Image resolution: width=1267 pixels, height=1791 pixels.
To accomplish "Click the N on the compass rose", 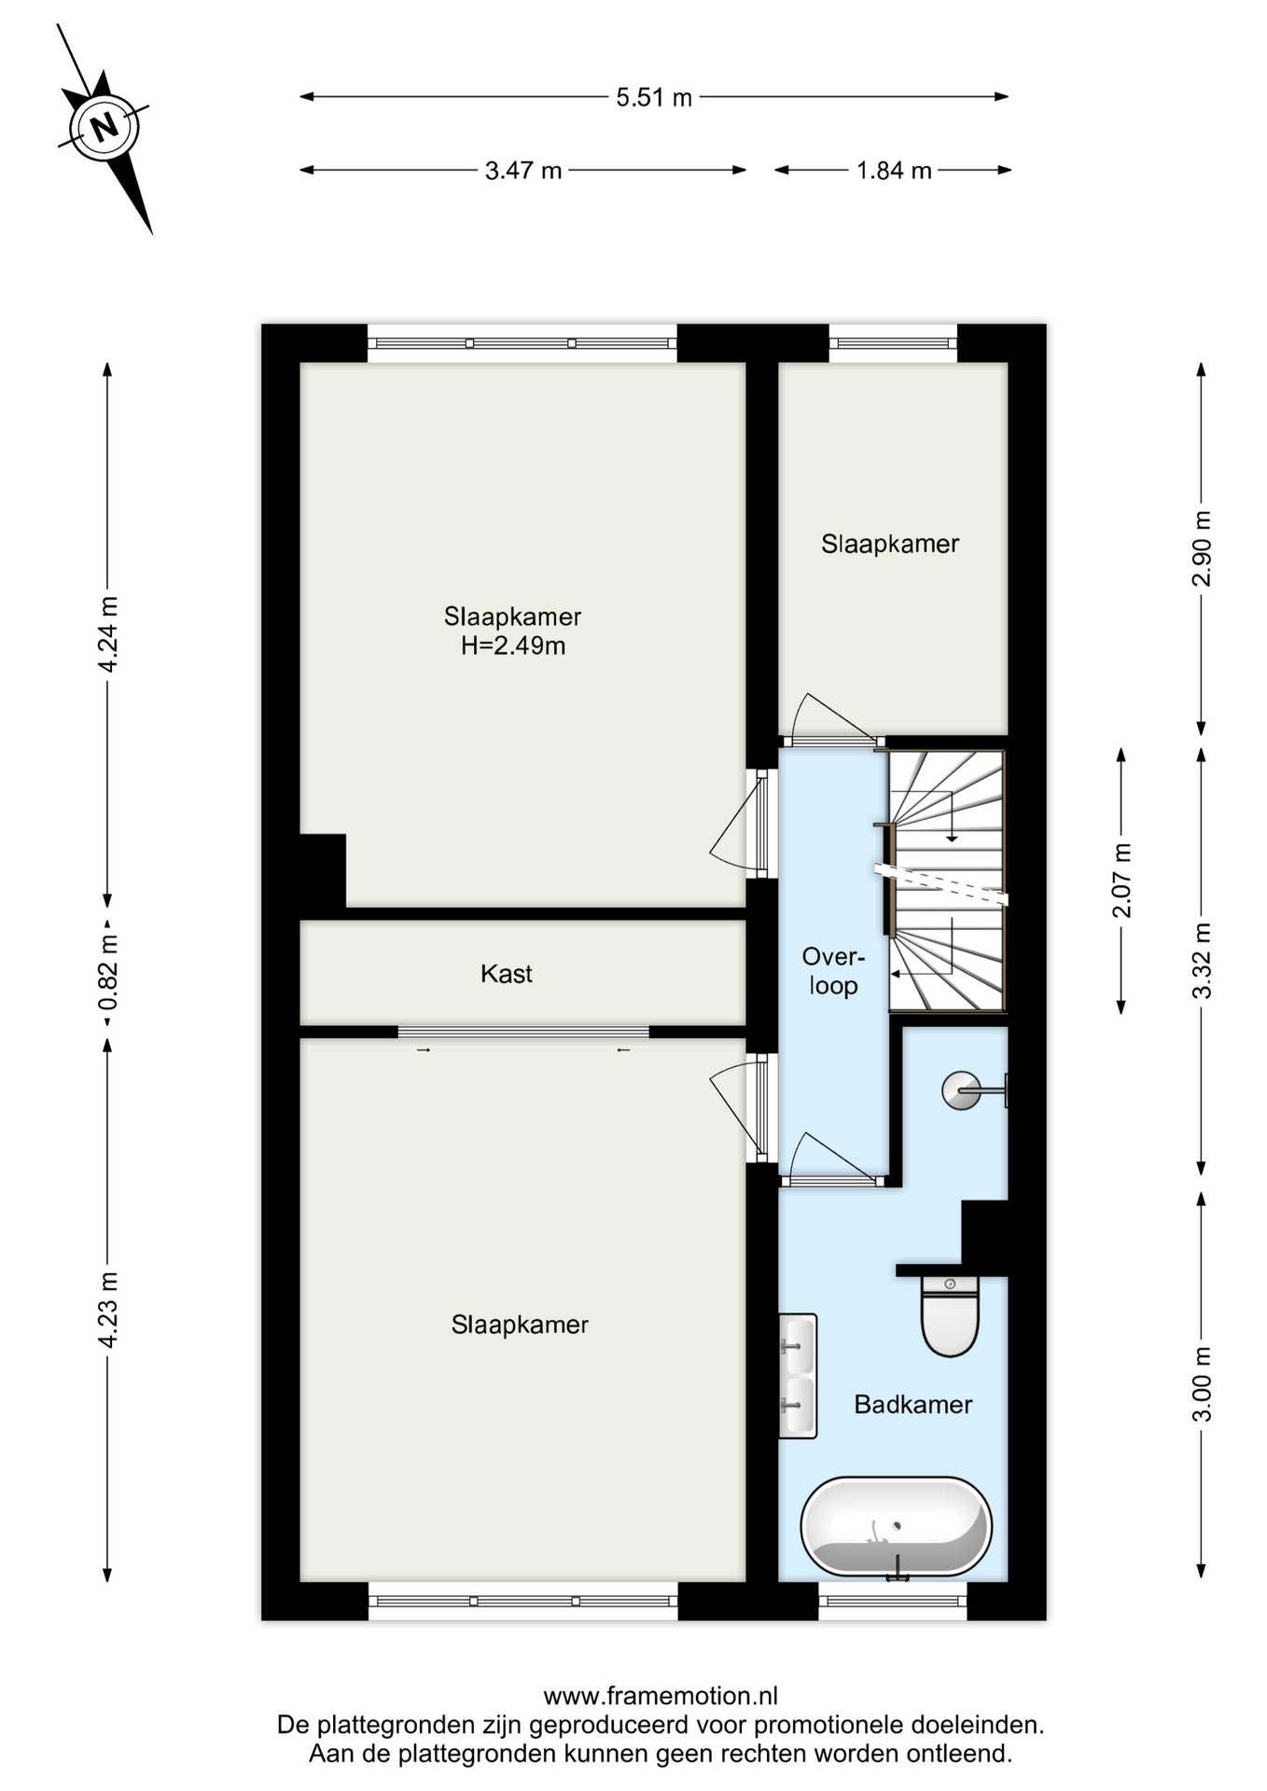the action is coord(105,125).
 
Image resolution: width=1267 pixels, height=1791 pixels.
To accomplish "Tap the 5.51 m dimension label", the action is coord(654,97).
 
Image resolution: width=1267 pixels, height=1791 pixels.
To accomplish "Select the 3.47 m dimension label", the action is coord(523,171).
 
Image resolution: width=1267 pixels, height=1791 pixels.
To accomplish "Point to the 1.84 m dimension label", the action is coord(894,171).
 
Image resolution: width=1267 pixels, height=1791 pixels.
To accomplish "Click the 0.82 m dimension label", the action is coord(108,973).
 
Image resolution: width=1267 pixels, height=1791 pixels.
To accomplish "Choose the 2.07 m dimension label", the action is coord(1121,880).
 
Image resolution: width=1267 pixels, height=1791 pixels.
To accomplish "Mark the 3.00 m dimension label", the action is coord(1203,1384).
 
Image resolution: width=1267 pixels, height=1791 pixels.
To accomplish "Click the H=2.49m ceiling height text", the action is coord(513,646).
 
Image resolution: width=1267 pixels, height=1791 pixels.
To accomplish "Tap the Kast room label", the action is coord(507,974).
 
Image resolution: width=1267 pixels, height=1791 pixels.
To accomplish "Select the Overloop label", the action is coord(833,971).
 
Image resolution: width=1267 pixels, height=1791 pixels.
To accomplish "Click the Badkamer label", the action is coord(913,1404).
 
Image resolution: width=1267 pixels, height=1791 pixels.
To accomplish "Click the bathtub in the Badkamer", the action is coord(896,1528).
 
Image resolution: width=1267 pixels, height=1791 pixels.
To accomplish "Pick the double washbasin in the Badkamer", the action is coord(798,1375).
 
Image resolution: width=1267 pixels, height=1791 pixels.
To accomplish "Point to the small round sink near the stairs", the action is coord(961,1090).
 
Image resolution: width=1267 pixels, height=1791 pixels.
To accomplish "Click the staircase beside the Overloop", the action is coord(946,881).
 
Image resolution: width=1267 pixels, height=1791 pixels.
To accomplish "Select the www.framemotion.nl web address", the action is coord(661,1696).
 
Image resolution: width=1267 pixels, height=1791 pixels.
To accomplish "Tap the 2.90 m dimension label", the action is coord(1203,548).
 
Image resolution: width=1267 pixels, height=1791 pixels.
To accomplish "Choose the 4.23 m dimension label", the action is coord(108,1310).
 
